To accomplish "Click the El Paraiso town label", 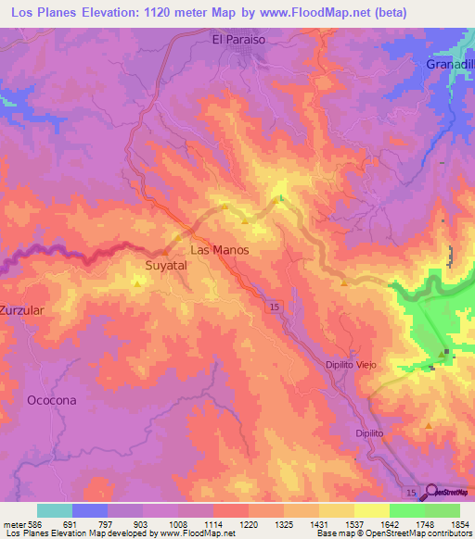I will pyautogui.click(x=238, y=40).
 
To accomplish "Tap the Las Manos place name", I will pyautogui.click(x=219, y=250).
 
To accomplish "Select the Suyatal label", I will pyautogui.click(x=166, y=265).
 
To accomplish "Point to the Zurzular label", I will pyautogui.click(x=22, y=310).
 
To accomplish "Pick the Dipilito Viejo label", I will pyautogui.click(x=351, y=365).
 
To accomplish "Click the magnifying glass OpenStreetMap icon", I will pyautogui.click(x=430, y=492).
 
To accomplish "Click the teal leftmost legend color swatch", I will pyautogui.click(x=55, y=510).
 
